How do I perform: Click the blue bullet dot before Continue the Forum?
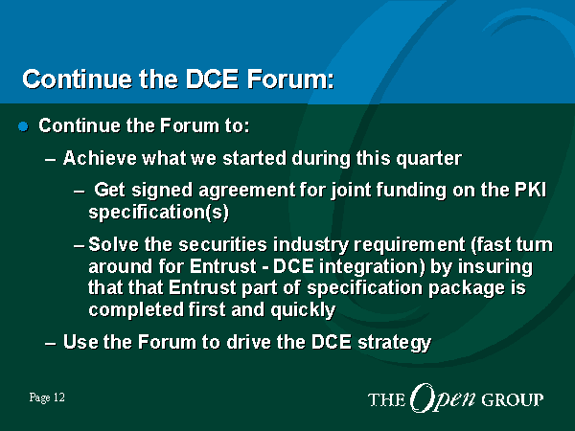click(23, 126)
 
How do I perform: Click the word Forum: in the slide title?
click(290, 79)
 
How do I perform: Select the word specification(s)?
click(158, 213)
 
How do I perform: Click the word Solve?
click(113, 244)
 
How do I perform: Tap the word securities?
click(222, 244)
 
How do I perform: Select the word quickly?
click(303, 309)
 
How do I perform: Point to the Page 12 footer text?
click(47, 397)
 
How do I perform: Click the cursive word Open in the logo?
click(442, 398)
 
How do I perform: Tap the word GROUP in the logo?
click(513, 399)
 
